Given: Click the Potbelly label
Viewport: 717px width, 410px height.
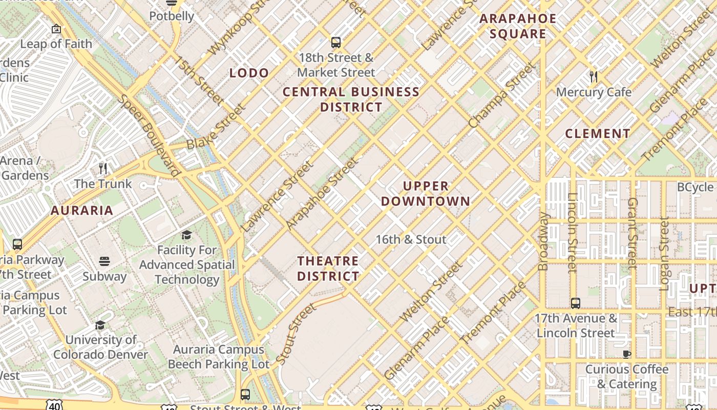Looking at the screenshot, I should click(x=172, y=16).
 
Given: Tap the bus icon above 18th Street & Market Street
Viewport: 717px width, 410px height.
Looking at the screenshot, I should click(x=336, y=43).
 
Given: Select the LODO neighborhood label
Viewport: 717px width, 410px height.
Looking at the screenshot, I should click(x=249, y=73).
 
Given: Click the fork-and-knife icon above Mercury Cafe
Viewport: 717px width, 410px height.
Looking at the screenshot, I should click(x=594, y=77).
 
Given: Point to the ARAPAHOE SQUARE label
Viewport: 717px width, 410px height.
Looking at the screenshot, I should click(x=518, y=27).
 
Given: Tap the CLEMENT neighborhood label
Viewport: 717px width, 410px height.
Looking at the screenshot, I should click(x=598, y=134).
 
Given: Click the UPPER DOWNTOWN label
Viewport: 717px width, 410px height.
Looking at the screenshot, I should click(x=425, y=193).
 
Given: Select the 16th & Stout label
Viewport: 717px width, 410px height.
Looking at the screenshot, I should click(x=411, y=239).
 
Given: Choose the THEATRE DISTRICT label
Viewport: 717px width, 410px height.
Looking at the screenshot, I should click(x=328, y=269).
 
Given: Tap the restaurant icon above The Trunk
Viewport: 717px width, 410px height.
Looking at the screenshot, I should click(x=103, y=169).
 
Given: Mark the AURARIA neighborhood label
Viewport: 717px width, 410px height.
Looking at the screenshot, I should click(x=82, y=211).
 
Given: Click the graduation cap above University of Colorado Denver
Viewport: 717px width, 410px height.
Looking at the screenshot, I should click(x=100, y=325).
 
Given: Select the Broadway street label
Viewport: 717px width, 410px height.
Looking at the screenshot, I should click(x=543, y=241).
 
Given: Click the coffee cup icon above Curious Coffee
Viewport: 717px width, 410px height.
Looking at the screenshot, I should click(x=626, y=354).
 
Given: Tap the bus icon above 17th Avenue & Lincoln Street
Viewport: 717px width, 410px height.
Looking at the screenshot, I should click(x=576, y=303).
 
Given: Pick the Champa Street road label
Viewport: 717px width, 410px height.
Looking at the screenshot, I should click(x=501, y=95).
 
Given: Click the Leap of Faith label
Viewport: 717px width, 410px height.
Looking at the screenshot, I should click(x=56, y=44).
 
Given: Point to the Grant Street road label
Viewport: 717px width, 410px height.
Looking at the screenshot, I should click(x=632, y=233).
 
